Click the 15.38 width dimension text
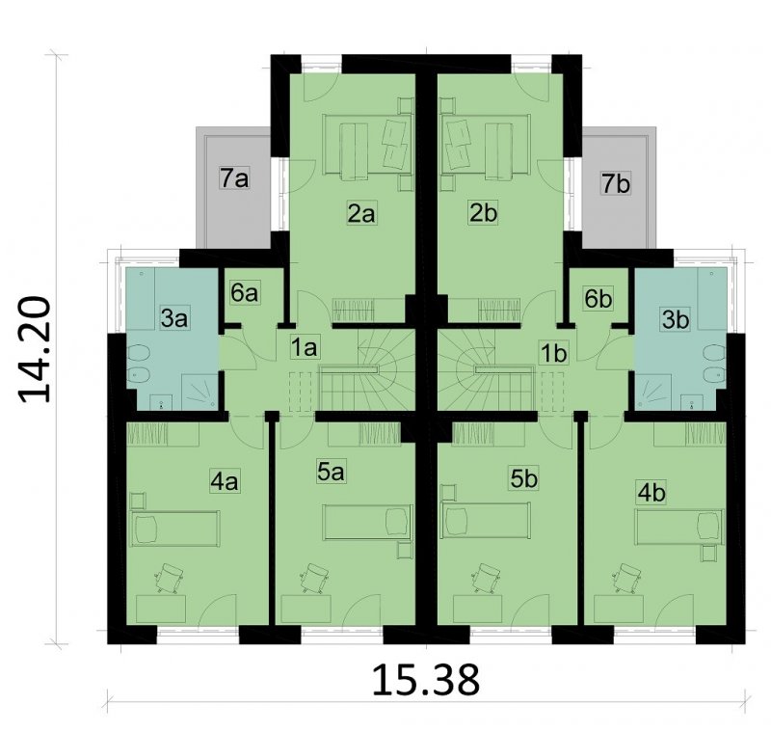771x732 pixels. click(x=425, y=680)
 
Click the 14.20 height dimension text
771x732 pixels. click(x=35, y=349)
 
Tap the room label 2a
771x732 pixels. click(x=362, y=213)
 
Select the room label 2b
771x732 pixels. click(x=484, y=213)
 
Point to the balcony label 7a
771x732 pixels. click(x=234, y=178)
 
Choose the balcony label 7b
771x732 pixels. click(x=616, y=184)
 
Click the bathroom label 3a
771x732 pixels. click(x=174, y=319)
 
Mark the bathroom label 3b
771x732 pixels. click(x=676, y=320)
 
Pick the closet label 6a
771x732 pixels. click(x=245, y=293)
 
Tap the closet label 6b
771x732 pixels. click(x=598, y=299)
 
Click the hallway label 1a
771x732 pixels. click(x=305, y=348)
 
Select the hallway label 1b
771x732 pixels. click(x=553, y=353)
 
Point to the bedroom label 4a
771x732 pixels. click(x=225, y=481)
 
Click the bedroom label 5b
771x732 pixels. click(x=523, y=478)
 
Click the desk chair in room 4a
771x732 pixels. click(x=170, y=579)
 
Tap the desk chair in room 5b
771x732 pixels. click(x=487, y=579)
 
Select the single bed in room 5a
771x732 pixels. click(x=367, y=523)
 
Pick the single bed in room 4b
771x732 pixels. click(x=679, y=527)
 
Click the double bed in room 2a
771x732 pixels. click(x=367, y=145)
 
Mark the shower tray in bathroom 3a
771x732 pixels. click(x=199, y=392)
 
